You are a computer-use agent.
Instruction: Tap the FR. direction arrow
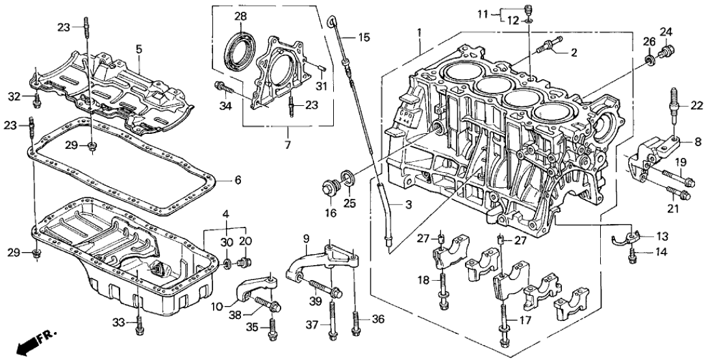coord(29,343)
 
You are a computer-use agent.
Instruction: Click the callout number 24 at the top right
coord(666,32)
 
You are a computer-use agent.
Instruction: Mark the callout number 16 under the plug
coord(331,213)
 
